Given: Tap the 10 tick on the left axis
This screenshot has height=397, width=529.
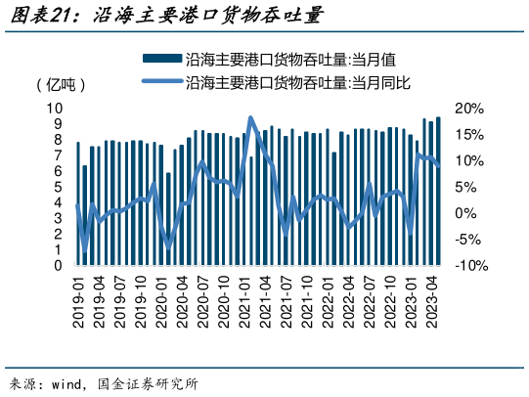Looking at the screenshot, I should tap(57, 108).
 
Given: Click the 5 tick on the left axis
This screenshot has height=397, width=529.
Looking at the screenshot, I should tap(60, 186).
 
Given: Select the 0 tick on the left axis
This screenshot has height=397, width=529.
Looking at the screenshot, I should tap(60, 265).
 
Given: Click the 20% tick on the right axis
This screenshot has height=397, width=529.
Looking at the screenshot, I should tap(467, 108).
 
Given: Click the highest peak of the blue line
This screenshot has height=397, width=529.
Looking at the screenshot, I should tap(251, 118).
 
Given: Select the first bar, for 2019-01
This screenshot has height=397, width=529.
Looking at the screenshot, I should tap(78, 203).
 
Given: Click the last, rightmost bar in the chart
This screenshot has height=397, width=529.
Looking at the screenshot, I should tap(438, 191).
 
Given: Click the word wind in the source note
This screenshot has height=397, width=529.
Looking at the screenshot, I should tap(65, 382).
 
